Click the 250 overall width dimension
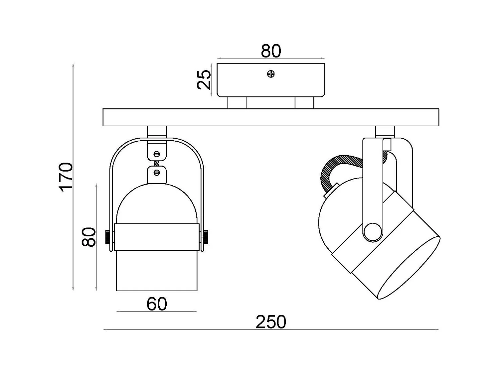pos(270,322)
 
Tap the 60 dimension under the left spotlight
pos(156,304)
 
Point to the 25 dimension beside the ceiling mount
pos(204,80)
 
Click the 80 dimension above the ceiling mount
pos(271,51)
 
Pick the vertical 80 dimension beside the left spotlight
pos(89,237)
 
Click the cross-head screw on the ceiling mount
pos(271,74)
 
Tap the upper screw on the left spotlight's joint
pos(157,154)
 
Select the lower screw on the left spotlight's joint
pos(157,173)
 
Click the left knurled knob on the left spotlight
pos(108,237)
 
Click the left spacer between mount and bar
pos(237,103)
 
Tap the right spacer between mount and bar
pos(304,103)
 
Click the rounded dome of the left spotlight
pos(156,203)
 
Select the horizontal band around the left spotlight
pos(156,237)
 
